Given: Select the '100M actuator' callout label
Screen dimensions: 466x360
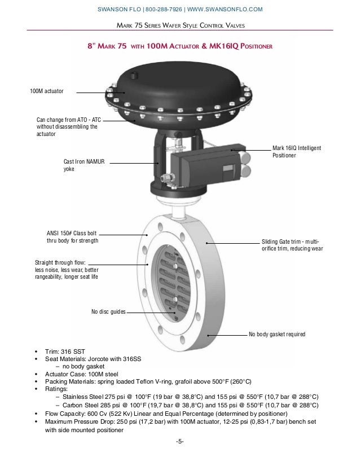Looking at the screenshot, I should pyautogui.click(x=47, y=90).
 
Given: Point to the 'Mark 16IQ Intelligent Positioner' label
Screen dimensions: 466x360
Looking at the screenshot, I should pyautogui.click(x=296, y=151).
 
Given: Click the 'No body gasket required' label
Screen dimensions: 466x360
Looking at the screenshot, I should pyautogui.click(x=276, y=335).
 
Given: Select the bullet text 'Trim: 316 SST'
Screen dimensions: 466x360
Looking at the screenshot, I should pyautogui.click(x=67, y=351).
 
